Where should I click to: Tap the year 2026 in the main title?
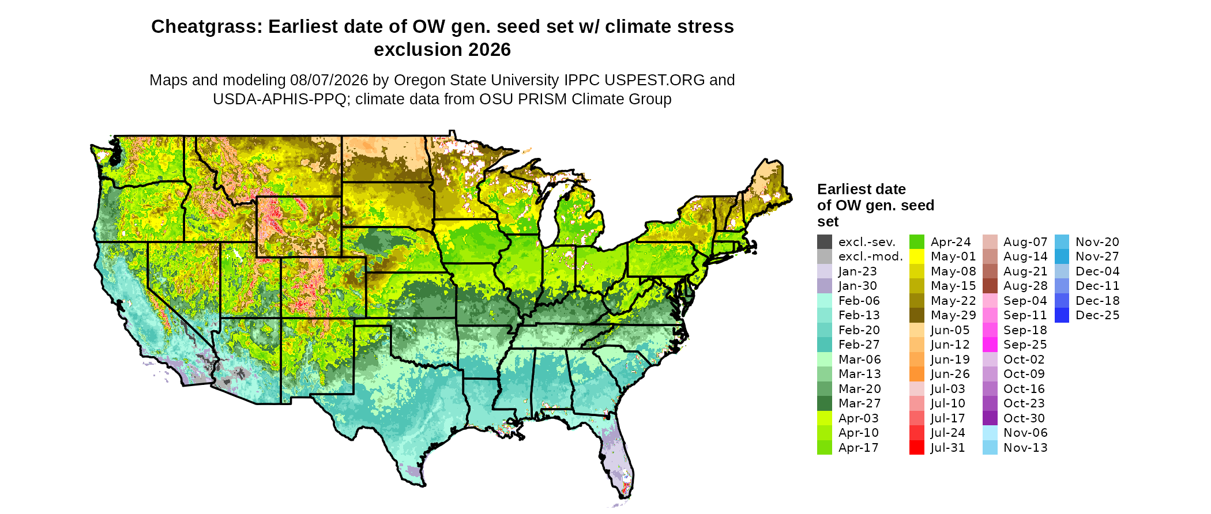tap(490, 50)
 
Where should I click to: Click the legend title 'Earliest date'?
tap(862, 189)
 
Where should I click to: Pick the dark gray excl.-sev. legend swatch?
tap(825, 242)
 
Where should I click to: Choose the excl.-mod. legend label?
tap(871, 257)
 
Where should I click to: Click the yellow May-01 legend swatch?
tap(917, 257)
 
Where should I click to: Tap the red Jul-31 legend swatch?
tap(917, 448)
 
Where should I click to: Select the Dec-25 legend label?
tap(1097, 315)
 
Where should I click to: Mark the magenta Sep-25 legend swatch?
tap(990, 345)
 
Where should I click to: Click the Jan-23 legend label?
tap(858, 271)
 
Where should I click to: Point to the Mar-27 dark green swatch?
tap(825, 403)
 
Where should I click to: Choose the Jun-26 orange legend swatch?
tap(917, 374)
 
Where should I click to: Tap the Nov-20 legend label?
tap(1097, 242)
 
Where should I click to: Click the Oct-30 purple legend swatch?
tap(990, 418)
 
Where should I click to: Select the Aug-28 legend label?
tap(1025, 286)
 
